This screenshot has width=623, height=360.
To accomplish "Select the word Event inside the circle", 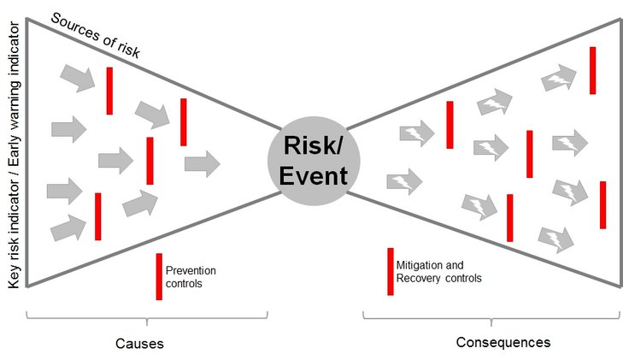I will [315, 176].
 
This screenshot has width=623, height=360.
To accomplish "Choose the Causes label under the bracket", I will [139, 344].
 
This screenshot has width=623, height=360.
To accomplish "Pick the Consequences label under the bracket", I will [503, 342].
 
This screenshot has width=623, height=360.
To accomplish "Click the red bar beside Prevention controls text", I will [159, 276].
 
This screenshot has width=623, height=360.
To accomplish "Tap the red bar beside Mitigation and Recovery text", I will [391, 271].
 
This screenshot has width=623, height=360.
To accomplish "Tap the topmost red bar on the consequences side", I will [593, 70].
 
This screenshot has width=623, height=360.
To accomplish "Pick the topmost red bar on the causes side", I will [109, 91].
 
